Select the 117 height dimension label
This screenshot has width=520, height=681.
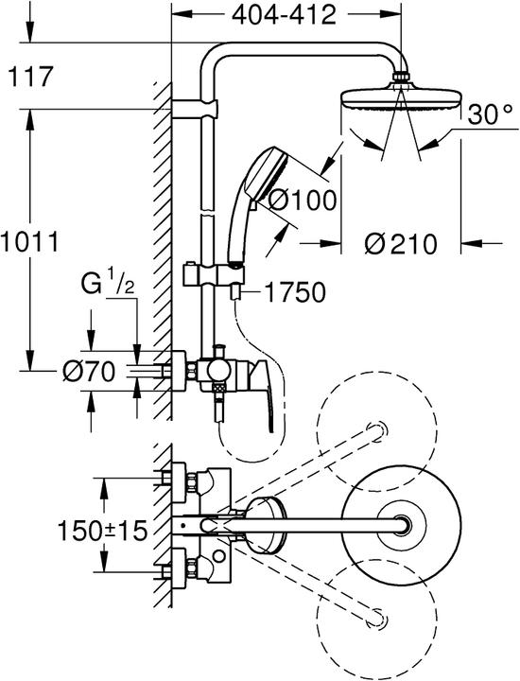(29, 76)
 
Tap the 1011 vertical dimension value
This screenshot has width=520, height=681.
(29, 241)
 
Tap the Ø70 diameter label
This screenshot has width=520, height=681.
(86, 373)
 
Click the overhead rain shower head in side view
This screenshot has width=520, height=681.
(401, 98)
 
